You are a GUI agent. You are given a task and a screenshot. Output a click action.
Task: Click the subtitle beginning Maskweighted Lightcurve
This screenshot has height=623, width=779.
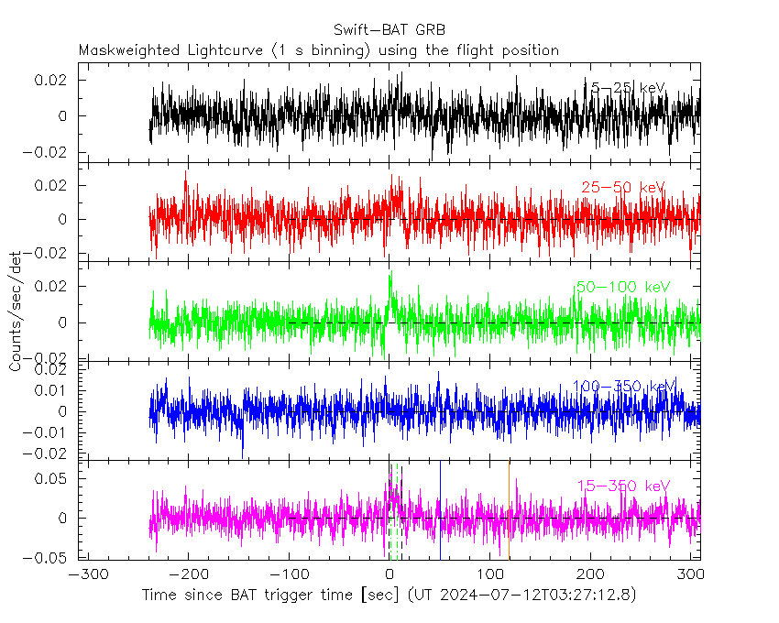coord(319,50)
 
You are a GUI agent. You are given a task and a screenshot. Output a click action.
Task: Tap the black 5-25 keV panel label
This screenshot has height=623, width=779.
coord(627,88)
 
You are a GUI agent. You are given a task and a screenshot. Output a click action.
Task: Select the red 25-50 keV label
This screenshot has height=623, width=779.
coord(622,188)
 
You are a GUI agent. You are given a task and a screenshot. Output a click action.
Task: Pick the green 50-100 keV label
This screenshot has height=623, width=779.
coord(622,287)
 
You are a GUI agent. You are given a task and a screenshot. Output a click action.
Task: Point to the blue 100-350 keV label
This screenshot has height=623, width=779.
coord(623,386)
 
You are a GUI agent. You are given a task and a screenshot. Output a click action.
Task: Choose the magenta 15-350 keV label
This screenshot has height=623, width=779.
coord(623,486)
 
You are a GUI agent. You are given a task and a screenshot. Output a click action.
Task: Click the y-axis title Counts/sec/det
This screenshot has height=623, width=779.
coord(16,312)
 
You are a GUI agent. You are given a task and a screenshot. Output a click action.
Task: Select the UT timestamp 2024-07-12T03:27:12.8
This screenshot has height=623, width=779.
coord(525,596)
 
